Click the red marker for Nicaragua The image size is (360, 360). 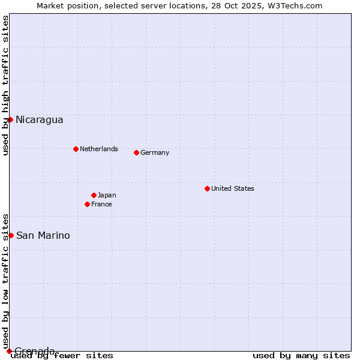click(10, 119)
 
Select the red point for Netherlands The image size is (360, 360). click(76, 149)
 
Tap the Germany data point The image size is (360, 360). click(136, 152)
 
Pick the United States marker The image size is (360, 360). click(207, 188)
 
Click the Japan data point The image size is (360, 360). click(94, 195)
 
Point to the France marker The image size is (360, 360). click(87, 204)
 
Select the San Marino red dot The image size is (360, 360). click(11, 235)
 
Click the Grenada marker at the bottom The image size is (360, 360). click(9, 351)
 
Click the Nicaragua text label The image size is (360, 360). click(39, 119)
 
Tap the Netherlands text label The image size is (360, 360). click(99, 149)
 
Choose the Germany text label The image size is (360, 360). click(155, 152)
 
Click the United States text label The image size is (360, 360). click(233, 188)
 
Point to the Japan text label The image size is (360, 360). click(107, 195)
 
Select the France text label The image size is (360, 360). click(101, 204)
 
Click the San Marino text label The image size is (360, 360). click(43, 235)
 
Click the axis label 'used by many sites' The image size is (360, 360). click(301, 355)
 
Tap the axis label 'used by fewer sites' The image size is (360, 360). click(62, 355)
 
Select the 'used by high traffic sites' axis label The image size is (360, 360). click(5, 85)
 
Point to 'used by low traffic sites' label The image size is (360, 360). click(5, 281)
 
